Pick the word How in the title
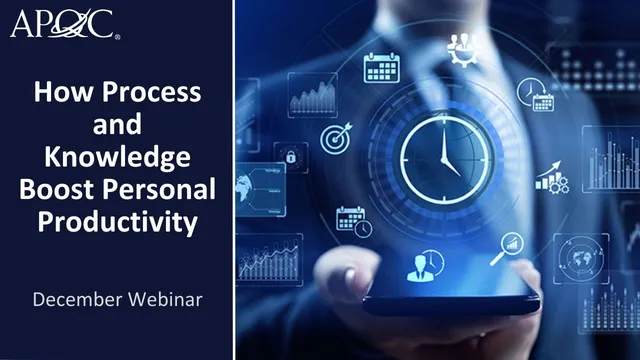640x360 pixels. (x=58, y=95)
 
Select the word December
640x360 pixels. (x=81, y=298)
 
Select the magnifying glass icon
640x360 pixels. (x=511, y=243)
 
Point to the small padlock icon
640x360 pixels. (x=291, y=157)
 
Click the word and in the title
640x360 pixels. (x=118, y=127)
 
